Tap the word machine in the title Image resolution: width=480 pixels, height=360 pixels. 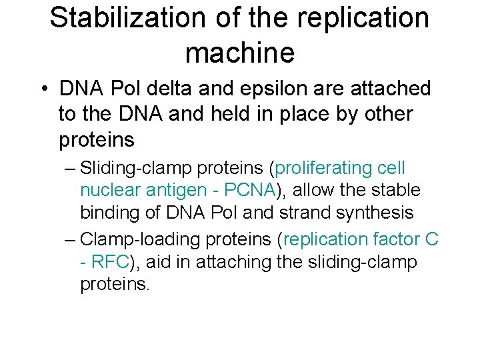coord(239,53)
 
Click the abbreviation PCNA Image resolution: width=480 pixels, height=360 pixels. coord(250,191)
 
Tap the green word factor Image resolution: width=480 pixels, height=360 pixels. coord(389,239)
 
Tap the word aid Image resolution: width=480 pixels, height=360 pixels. coord(157,262)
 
